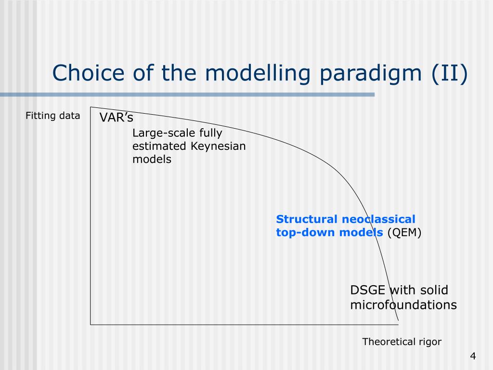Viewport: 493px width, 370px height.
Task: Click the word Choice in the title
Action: [x=89, y=73]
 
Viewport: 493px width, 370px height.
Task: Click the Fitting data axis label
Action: [x=53, y=116]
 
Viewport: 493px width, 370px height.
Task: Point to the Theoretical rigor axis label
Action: [x=402, y=342]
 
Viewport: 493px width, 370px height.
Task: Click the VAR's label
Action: [x=117, y=118]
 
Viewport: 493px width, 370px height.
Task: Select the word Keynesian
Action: [x=218, y=146]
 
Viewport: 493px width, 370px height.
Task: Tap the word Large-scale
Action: [x=164, y=133]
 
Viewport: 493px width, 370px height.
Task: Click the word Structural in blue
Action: [x=307, y=219]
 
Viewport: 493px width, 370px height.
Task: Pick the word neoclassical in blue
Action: [x=378, y=219]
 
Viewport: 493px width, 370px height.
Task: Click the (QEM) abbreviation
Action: [x=404, y=233]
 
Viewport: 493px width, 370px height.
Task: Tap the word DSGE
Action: [x=367, y=290]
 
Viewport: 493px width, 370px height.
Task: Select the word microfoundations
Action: [x=403, y=305]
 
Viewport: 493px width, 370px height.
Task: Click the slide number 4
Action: [x=473, y=356]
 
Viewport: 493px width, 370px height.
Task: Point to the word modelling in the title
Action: [x=258, y=74]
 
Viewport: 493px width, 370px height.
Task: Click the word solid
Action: [x=434, y=290]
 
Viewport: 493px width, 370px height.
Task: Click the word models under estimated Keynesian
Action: [x=152, y=159]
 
